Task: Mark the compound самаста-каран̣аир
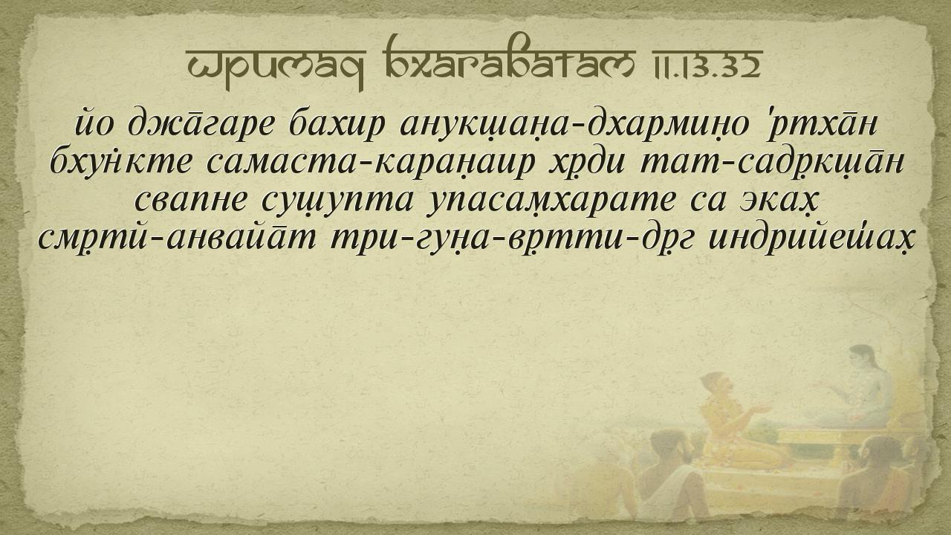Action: click(369, 165)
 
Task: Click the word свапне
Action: click(190, 201)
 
